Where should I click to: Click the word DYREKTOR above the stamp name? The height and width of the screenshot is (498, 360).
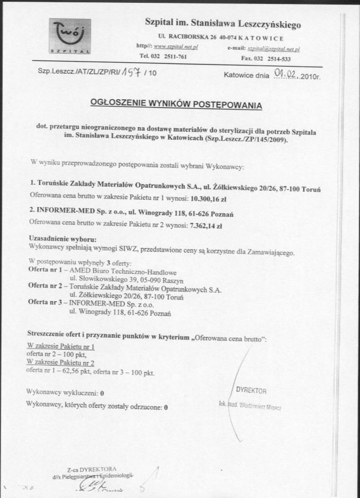[251, 390]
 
